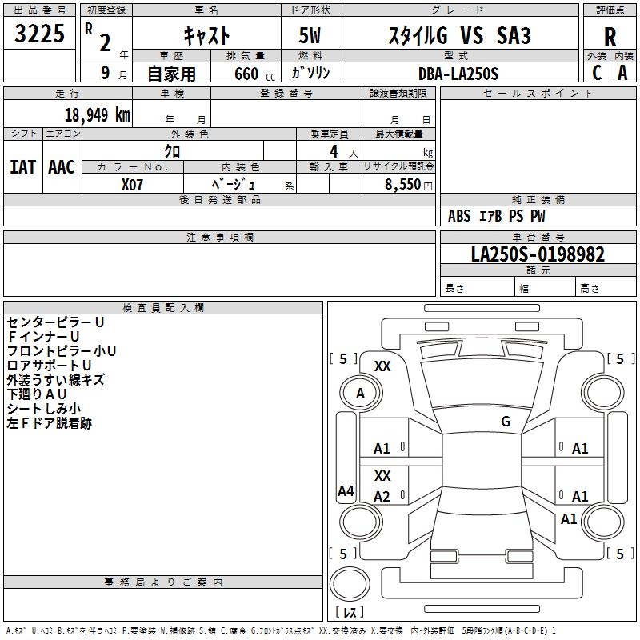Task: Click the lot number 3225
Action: click(40, 36)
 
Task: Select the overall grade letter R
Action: click(610, 37)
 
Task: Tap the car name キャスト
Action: click(206, 36)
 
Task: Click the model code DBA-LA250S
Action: click(458, 74)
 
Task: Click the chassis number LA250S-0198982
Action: click(538, 254)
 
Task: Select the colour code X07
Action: click(133, 183)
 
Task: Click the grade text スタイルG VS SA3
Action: click(458, 36)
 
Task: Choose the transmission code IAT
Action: click(22, 167)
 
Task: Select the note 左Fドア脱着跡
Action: click(49, 423)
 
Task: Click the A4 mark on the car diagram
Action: click(346, 491)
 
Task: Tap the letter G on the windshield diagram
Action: click(506, 421)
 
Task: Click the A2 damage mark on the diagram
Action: click(382, 497)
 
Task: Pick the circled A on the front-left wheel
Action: click(360, 394)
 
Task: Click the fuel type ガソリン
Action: click(311, 74)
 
